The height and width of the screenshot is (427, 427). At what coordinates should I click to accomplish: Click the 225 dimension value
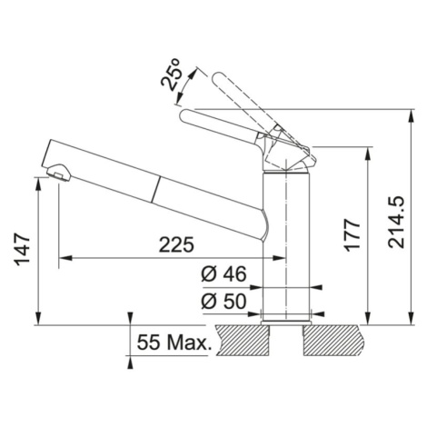point(176,244)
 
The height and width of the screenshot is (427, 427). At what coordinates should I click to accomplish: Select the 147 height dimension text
point(24,249)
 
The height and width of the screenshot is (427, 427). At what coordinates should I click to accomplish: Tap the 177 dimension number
point(353,235)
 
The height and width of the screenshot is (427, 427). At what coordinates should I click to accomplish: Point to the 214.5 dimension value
point(396,223)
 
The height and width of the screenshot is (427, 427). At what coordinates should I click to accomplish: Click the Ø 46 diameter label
point(223,274)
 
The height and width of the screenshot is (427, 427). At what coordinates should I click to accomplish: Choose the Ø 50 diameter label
point(223,302)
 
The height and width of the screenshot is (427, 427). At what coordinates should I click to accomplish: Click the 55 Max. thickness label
point(174,343)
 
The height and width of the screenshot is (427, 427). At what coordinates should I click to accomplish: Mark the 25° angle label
point(172,74)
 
